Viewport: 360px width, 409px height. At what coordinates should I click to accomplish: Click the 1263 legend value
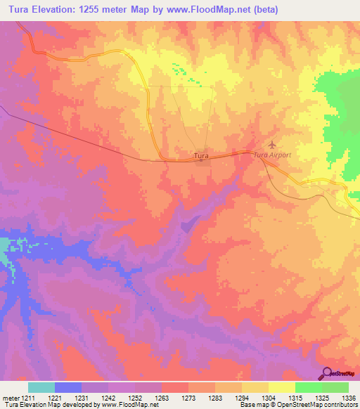162,397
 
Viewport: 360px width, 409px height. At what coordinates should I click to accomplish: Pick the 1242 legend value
108,397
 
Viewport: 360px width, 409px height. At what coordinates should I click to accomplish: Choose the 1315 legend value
295,397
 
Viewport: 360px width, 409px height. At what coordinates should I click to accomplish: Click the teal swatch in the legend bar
41,387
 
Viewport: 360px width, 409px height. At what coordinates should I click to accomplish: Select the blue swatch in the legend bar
67,387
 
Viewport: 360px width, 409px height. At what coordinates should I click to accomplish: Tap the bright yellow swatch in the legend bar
281,387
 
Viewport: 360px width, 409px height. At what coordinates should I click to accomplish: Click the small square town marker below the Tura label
202,161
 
